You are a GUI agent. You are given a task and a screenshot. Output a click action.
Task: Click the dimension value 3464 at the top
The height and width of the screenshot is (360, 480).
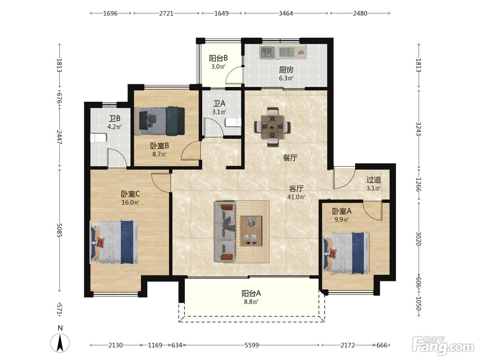point(286,13)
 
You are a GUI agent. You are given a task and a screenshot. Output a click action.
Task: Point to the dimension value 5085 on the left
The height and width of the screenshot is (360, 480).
point(59,230)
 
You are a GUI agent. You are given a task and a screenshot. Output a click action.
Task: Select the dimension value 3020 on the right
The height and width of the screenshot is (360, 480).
point(418,239)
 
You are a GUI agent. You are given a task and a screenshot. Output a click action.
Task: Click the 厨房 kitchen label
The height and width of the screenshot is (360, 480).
point(286,70)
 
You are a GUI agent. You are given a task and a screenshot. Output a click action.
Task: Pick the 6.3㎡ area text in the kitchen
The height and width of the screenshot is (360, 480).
point(286,78)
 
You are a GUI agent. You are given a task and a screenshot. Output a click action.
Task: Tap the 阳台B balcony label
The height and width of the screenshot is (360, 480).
point(218,58)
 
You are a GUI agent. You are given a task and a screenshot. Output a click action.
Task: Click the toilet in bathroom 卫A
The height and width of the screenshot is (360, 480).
point(233,122)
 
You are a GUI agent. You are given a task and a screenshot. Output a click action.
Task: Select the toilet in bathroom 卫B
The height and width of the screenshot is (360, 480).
point(98,138)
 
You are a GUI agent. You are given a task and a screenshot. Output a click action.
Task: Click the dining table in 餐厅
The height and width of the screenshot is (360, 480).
point(273,127)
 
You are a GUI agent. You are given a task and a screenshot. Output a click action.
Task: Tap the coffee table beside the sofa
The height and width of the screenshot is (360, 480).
point(251,231)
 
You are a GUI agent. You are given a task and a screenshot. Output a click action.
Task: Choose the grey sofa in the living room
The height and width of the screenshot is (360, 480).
point(224,232)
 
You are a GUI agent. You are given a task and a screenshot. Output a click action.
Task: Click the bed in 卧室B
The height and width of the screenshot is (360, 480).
point(160,121)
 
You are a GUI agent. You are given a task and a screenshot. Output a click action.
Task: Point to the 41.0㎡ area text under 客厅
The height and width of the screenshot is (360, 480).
point(296,197)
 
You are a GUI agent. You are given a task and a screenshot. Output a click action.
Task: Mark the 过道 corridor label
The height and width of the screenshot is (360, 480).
point(374,180)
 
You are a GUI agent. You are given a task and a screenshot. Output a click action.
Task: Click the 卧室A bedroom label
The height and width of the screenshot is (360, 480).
point(342,211)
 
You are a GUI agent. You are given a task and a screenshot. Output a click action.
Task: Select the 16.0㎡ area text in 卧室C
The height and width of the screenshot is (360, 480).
point(131,202)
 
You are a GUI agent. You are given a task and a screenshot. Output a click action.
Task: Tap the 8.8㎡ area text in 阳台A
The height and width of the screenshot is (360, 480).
point(251,302)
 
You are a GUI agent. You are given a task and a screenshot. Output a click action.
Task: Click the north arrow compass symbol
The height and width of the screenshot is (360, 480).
point(60,343)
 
